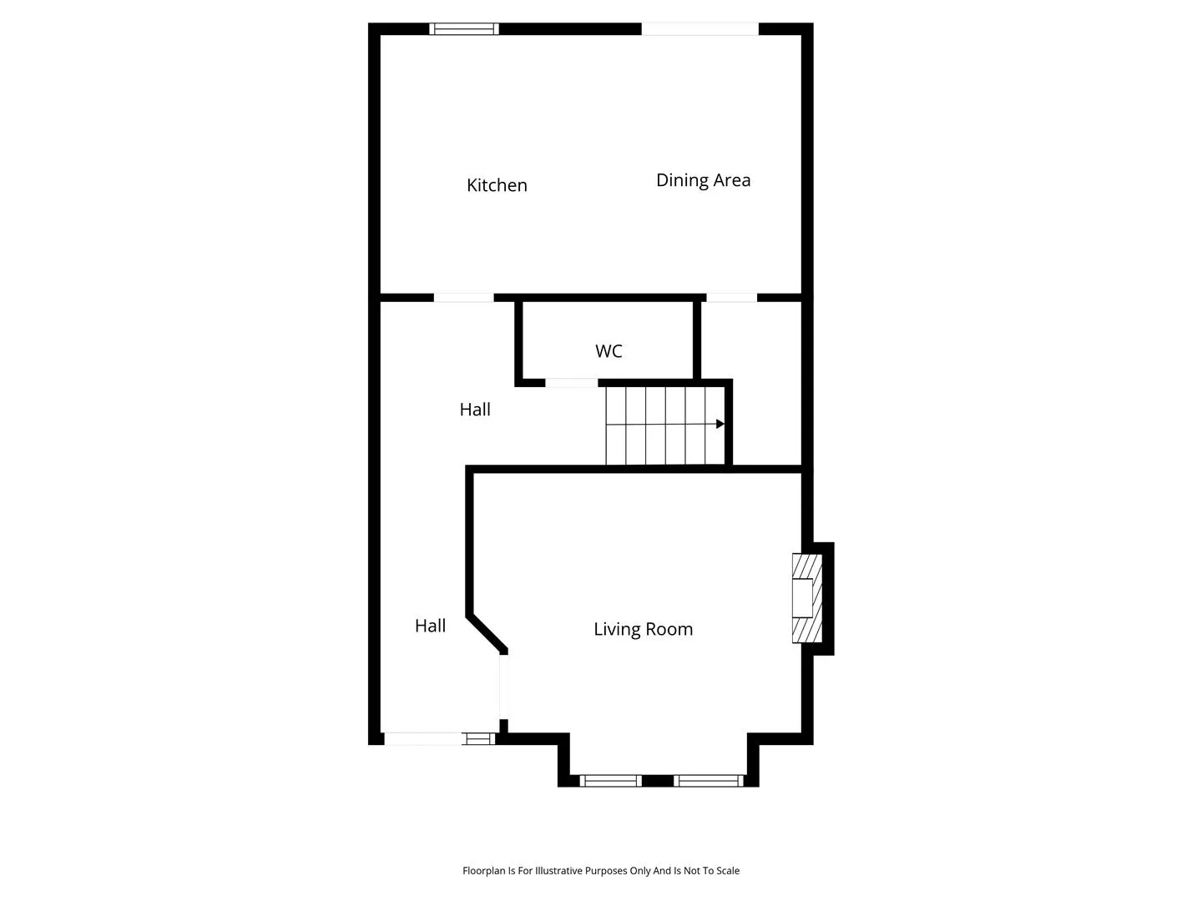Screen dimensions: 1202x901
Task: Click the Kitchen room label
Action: coord(497,185)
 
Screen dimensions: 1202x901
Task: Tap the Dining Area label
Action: coord(703,180)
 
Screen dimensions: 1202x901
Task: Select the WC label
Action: coord(609,351)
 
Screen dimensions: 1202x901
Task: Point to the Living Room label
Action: coord(644,630)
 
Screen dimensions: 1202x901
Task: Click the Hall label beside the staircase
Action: coord(475,410)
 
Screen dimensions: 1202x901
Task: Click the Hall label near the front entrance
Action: coord(431,626)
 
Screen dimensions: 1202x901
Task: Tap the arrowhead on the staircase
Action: coord(720,424)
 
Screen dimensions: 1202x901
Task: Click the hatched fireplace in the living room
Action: coord(807,598)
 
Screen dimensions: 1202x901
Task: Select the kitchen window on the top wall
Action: coord(464,29)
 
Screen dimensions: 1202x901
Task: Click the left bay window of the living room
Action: coord(610,781)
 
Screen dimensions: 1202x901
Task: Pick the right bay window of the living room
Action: coord(710,781)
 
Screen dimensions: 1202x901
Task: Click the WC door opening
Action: coord(572,383)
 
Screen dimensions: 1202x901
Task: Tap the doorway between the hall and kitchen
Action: coord(464,298)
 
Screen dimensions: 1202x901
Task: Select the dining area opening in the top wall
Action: coord(699,29)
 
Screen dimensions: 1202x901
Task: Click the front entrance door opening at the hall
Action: coord(423,738)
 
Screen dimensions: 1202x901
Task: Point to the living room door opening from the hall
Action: coord(504,687)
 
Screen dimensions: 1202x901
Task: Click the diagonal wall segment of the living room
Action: coord(487,634)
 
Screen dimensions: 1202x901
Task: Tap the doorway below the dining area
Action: coord(731,298)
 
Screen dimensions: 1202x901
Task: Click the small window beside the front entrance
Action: coord(479,738)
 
